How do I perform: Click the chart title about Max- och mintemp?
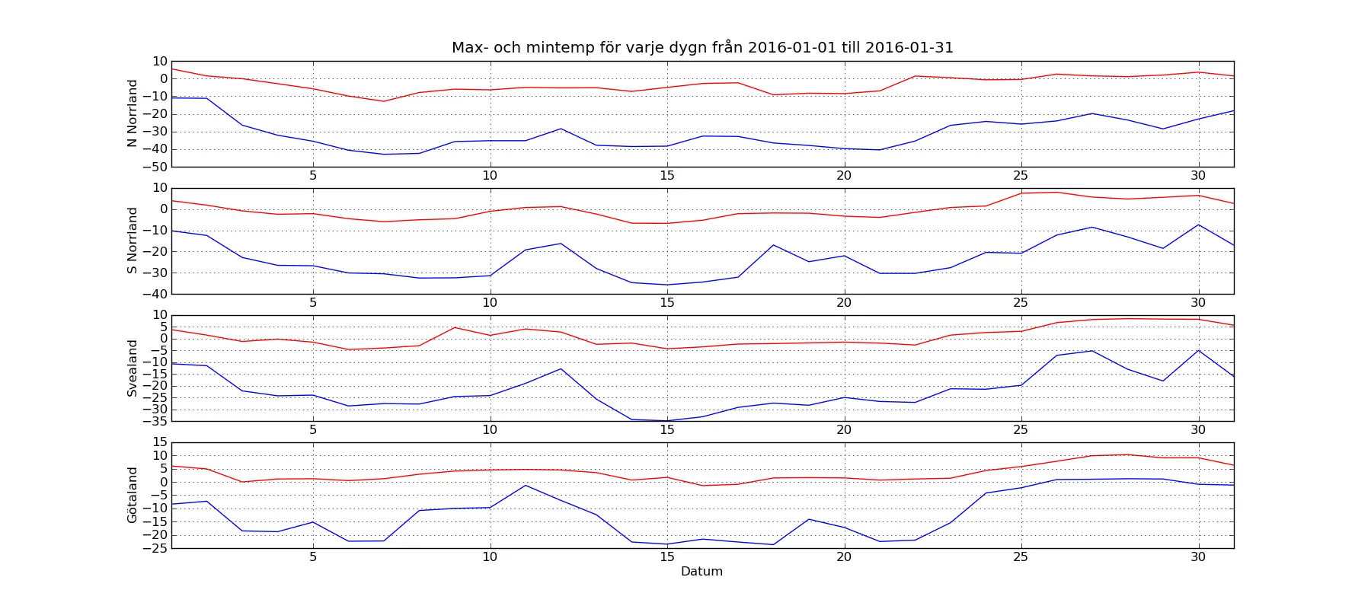tap(702, 47)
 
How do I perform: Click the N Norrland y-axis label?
tap(133, 113)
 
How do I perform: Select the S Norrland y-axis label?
tap(133, 241)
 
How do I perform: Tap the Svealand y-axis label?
tap(133, 368)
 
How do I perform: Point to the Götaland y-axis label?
tap(133, 495)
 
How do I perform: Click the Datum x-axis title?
tap(701, 572)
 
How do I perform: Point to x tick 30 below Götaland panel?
tap(1198, 557)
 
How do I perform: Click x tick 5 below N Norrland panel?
tap(313, 176)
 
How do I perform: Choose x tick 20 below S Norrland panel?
tap(844, 303)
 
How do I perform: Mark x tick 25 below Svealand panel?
tap(1021, 430)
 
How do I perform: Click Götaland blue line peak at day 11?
tap(526, 485)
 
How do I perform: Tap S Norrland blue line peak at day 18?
tap(773, 245)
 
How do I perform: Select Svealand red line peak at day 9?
tap(455, 327)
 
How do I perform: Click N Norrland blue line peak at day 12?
tap(561, 129)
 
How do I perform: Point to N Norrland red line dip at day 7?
tap(384, 101)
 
